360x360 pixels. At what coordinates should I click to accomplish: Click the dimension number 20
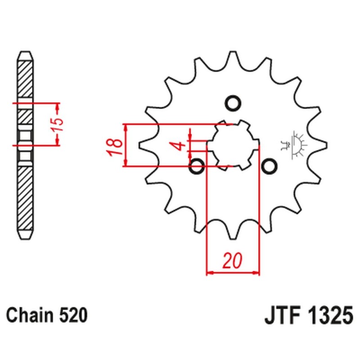click(233, 261)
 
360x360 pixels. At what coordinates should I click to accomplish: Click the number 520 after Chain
click(72, 315)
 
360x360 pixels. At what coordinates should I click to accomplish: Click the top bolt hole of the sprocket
click(233, 103)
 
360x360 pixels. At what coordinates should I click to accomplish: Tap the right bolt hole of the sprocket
click(269, 166)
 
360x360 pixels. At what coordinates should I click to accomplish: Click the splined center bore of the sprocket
click(233, 145)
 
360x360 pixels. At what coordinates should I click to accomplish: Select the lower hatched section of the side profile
click(25, 198)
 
